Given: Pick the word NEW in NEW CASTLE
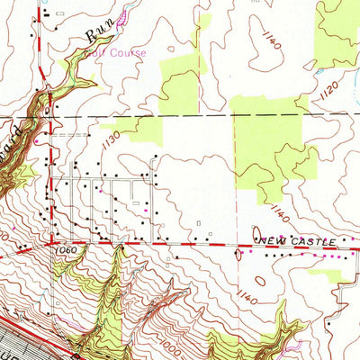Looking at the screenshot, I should coord(270,242).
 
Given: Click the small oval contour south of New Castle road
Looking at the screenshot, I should coord(238,255).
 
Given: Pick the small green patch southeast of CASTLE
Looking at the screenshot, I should coord(324,274).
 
